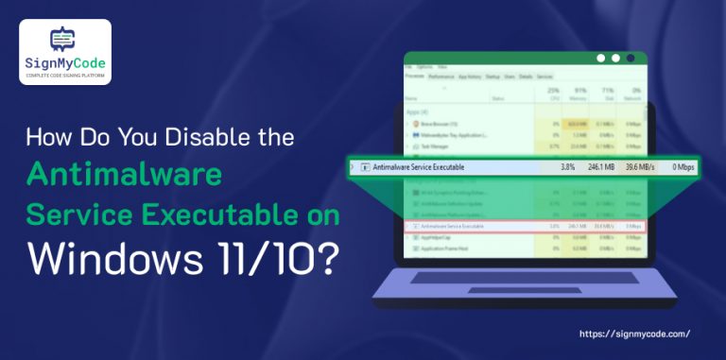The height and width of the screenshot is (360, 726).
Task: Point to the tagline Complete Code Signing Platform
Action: pos(64,75)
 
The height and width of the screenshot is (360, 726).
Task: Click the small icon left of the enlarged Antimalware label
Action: pos(364,167)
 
